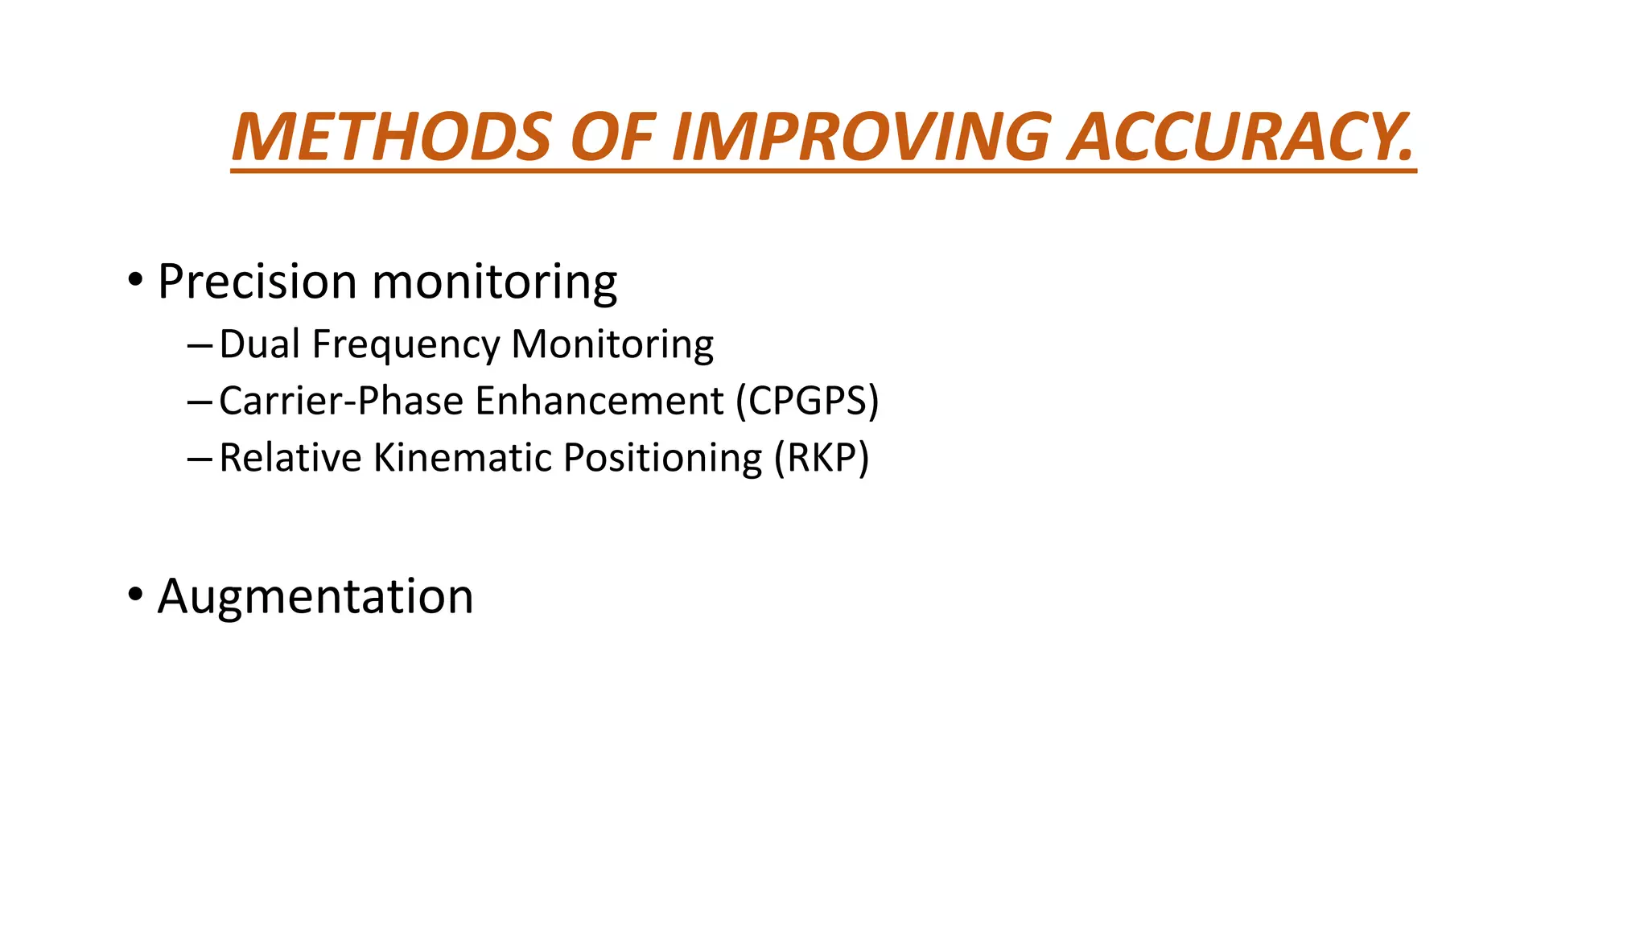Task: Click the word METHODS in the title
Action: (x=391, y=138)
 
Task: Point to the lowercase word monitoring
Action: (x=495, y=283)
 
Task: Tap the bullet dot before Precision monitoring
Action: (x=135, y=281)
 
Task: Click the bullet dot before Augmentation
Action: (x=135, y=595)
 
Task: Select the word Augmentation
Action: (x=315, y=597)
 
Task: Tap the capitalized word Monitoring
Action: (x=612, y=345)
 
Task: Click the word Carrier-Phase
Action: (x=342, y=401)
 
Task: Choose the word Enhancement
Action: (x=599, y=401)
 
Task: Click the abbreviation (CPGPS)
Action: (x=807, y=401)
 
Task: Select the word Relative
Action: (x=290, y=457)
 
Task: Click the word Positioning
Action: (x=662, y=459)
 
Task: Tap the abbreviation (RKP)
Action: (x=822, y=457)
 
